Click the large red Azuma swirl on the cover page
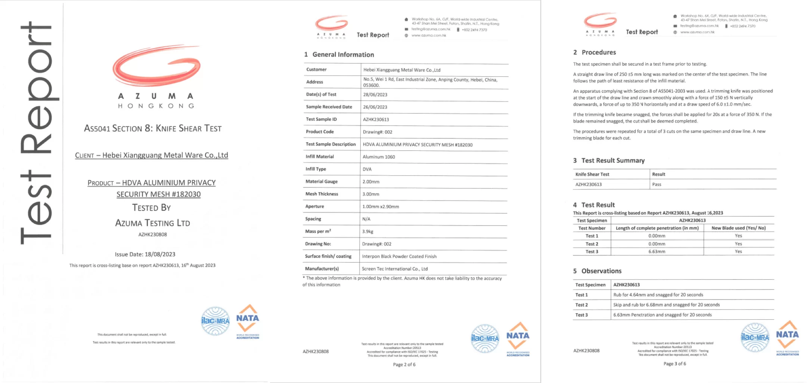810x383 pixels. click(157, 65)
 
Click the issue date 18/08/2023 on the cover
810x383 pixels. click(160, 254)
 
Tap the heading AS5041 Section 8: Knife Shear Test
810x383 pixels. click(153, 129)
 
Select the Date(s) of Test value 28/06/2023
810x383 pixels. click(375, 95)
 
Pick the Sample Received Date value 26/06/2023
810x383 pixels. click(375, 107)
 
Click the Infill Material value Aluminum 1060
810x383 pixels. click(379, 157)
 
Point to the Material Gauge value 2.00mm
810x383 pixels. click(371, 182)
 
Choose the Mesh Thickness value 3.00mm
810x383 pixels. click(371, 194)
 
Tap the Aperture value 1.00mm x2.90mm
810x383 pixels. click(381, 206)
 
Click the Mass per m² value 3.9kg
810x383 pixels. click(367, 232)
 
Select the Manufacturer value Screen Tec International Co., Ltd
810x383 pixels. click(395, 269)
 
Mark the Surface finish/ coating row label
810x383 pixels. click(328, 256)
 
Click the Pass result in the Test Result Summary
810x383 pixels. click(657, 184)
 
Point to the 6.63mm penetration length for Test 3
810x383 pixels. click(657, 252)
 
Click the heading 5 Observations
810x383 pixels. click(598, 271)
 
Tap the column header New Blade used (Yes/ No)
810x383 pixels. click(738, 228)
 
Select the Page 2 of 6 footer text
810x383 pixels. click(404, 365)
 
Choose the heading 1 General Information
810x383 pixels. click(339, 55)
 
